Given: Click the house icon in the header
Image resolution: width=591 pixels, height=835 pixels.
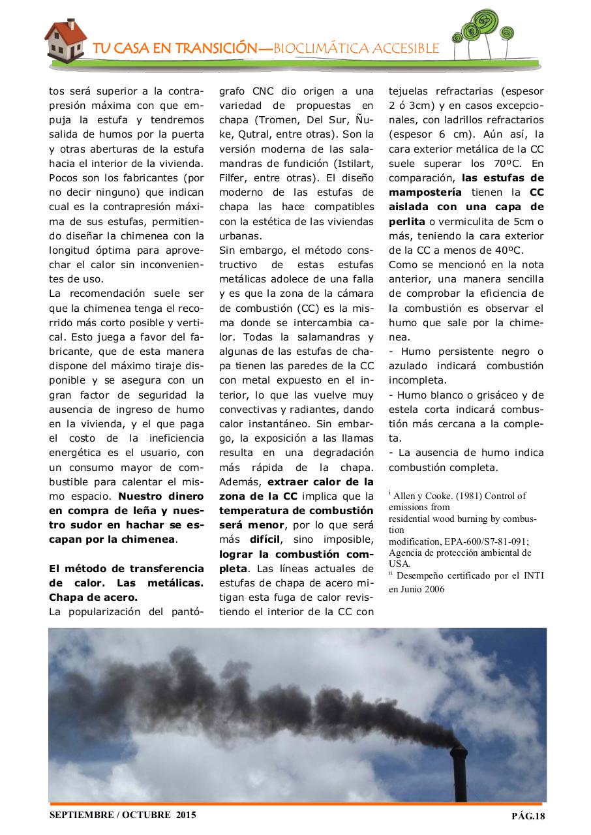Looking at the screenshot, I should coord(67,38).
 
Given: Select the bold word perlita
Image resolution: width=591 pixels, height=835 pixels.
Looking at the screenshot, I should coord(406,220).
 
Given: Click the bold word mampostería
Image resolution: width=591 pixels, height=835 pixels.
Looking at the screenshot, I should coord(425,192).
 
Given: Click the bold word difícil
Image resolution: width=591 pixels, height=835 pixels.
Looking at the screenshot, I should coord(264,540).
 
